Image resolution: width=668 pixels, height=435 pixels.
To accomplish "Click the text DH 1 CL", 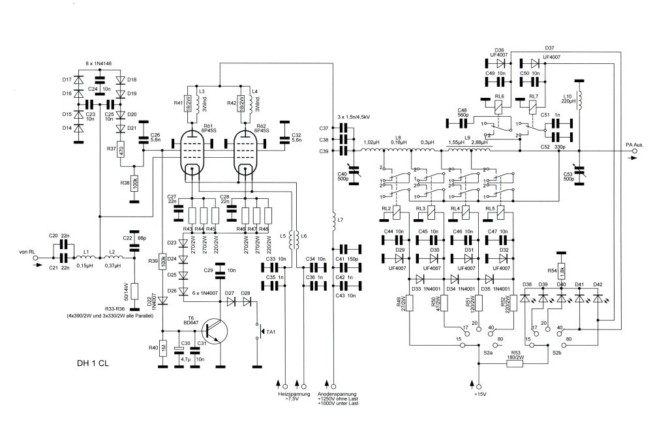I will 91,363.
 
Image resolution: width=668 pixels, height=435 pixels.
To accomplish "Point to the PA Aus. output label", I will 635,145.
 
